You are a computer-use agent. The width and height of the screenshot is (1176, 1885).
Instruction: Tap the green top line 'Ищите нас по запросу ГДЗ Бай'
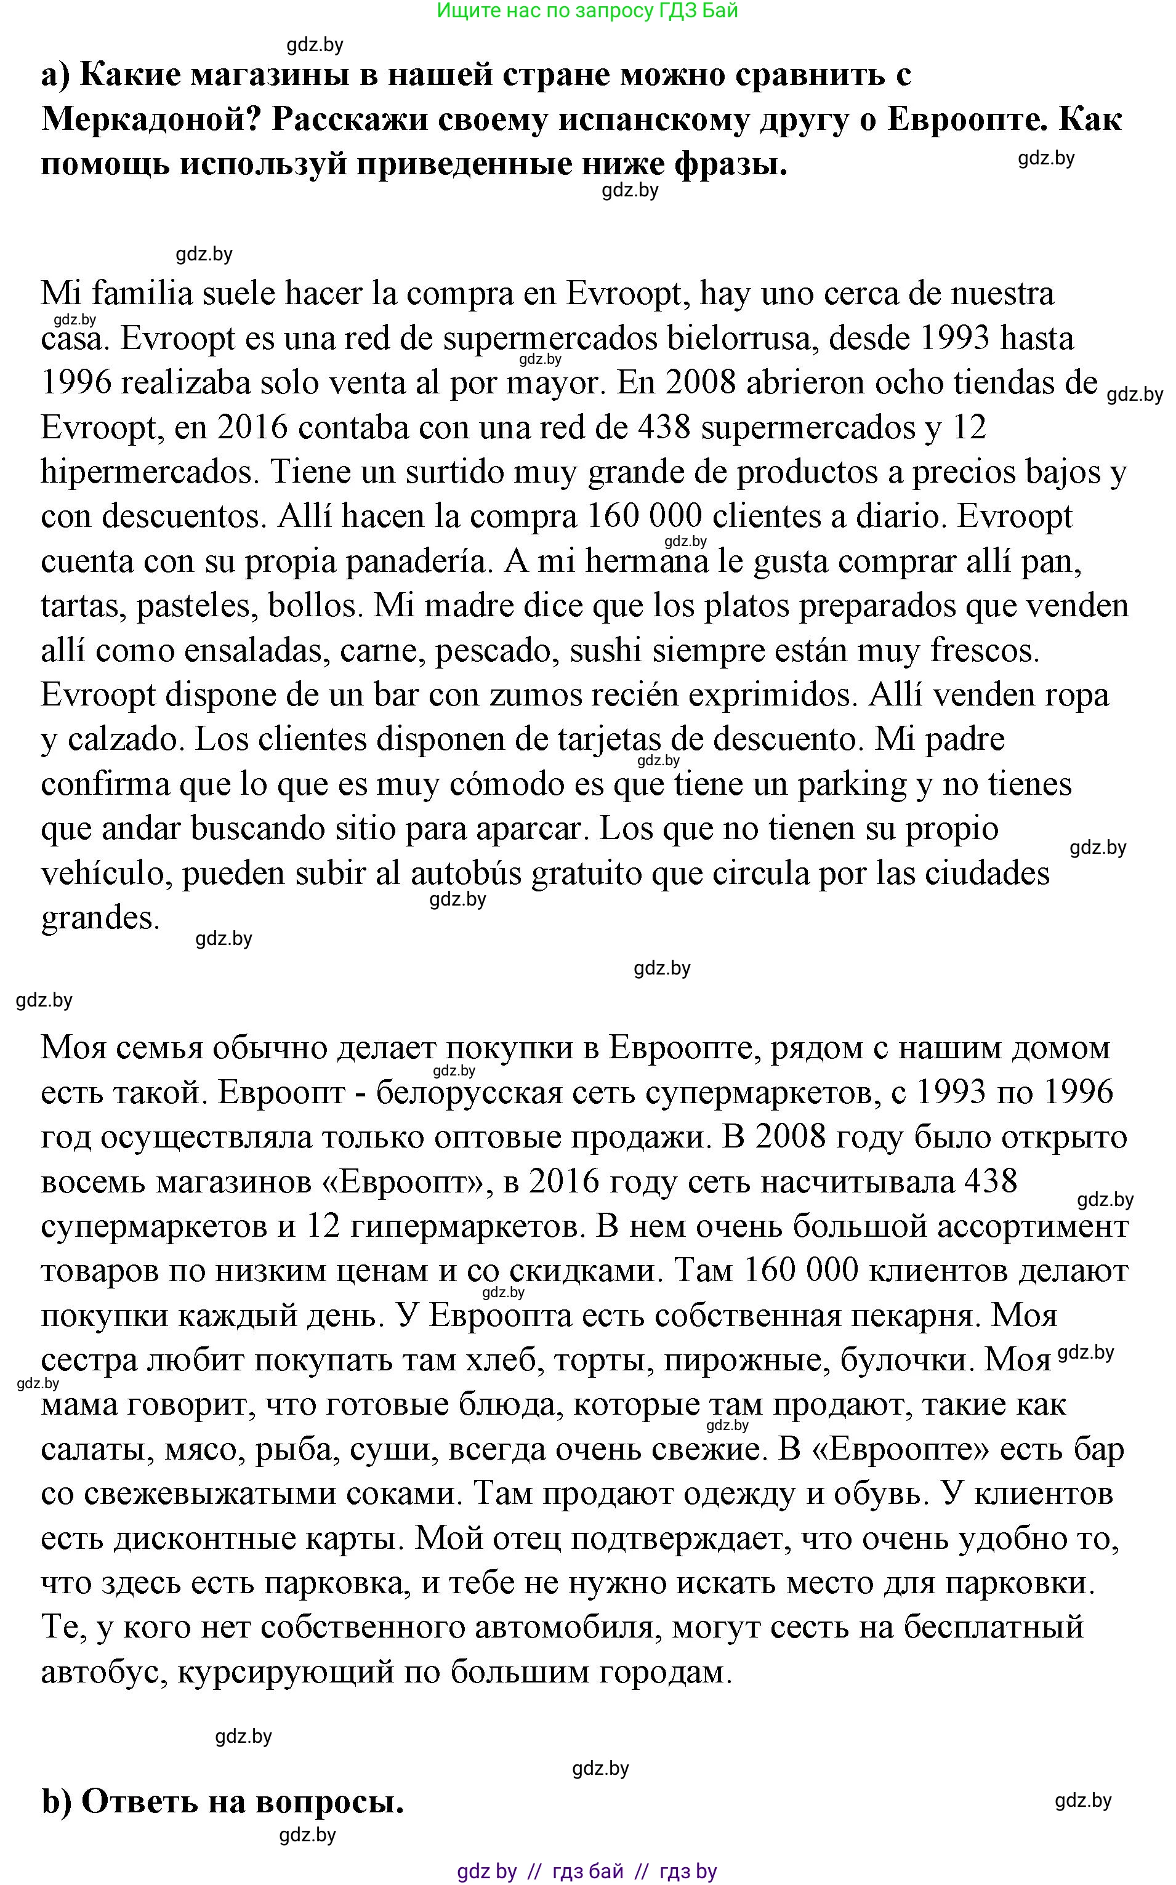point(587,11)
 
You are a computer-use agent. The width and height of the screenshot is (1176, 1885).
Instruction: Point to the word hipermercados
point(148,472)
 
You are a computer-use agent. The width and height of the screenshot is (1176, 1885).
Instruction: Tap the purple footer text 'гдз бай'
point(587,1872)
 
